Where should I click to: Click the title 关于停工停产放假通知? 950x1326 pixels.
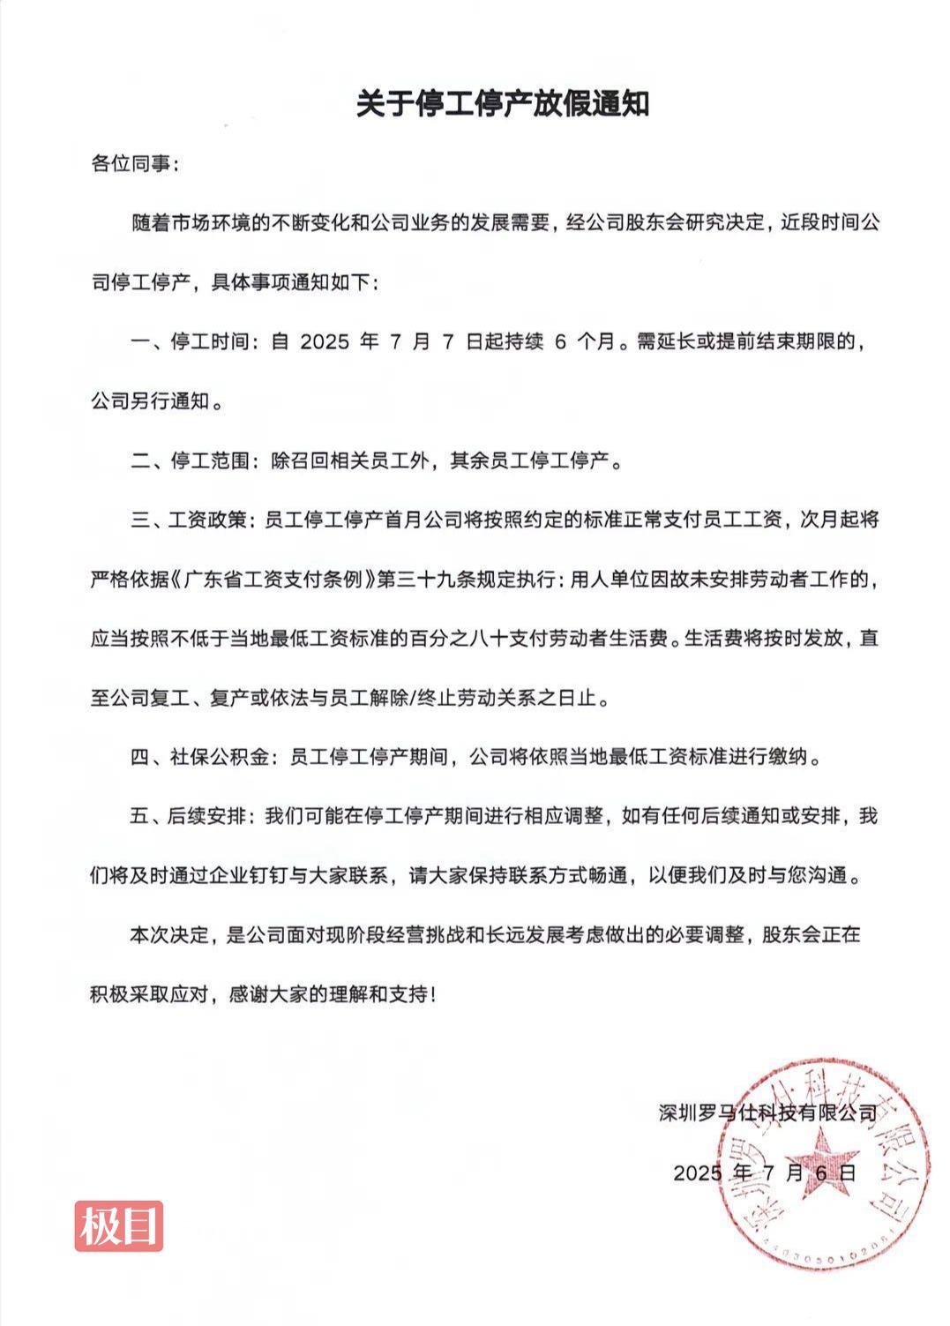coord(503,103)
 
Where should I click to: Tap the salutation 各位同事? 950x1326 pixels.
coord(134,163)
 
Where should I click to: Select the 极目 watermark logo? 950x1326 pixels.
coord(119,1225)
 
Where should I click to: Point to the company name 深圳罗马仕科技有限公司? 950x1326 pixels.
coord(768,1112)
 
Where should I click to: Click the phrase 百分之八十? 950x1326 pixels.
coord(458,639)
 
